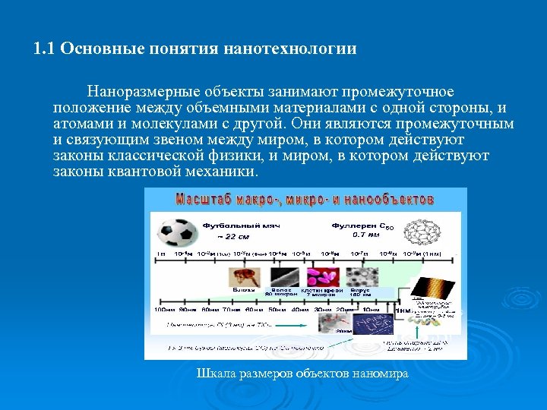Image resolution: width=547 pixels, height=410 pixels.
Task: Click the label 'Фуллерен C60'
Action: coord(363,225)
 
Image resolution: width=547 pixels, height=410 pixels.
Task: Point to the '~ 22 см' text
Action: coord(220,236)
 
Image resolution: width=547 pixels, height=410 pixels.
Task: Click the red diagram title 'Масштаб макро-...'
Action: coord(305,200)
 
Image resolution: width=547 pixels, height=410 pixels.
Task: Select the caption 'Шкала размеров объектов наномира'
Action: coord(302,374)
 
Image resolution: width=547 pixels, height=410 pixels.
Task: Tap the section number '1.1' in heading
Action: coord(44,49)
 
